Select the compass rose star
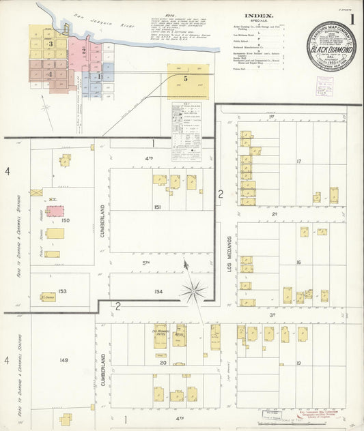193,291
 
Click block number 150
66,220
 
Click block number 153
62,291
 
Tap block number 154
158,291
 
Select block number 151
157,207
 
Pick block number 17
299,161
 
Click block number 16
299,262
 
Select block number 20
163,362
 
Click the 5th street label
145,263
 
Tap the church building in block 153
48,297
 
